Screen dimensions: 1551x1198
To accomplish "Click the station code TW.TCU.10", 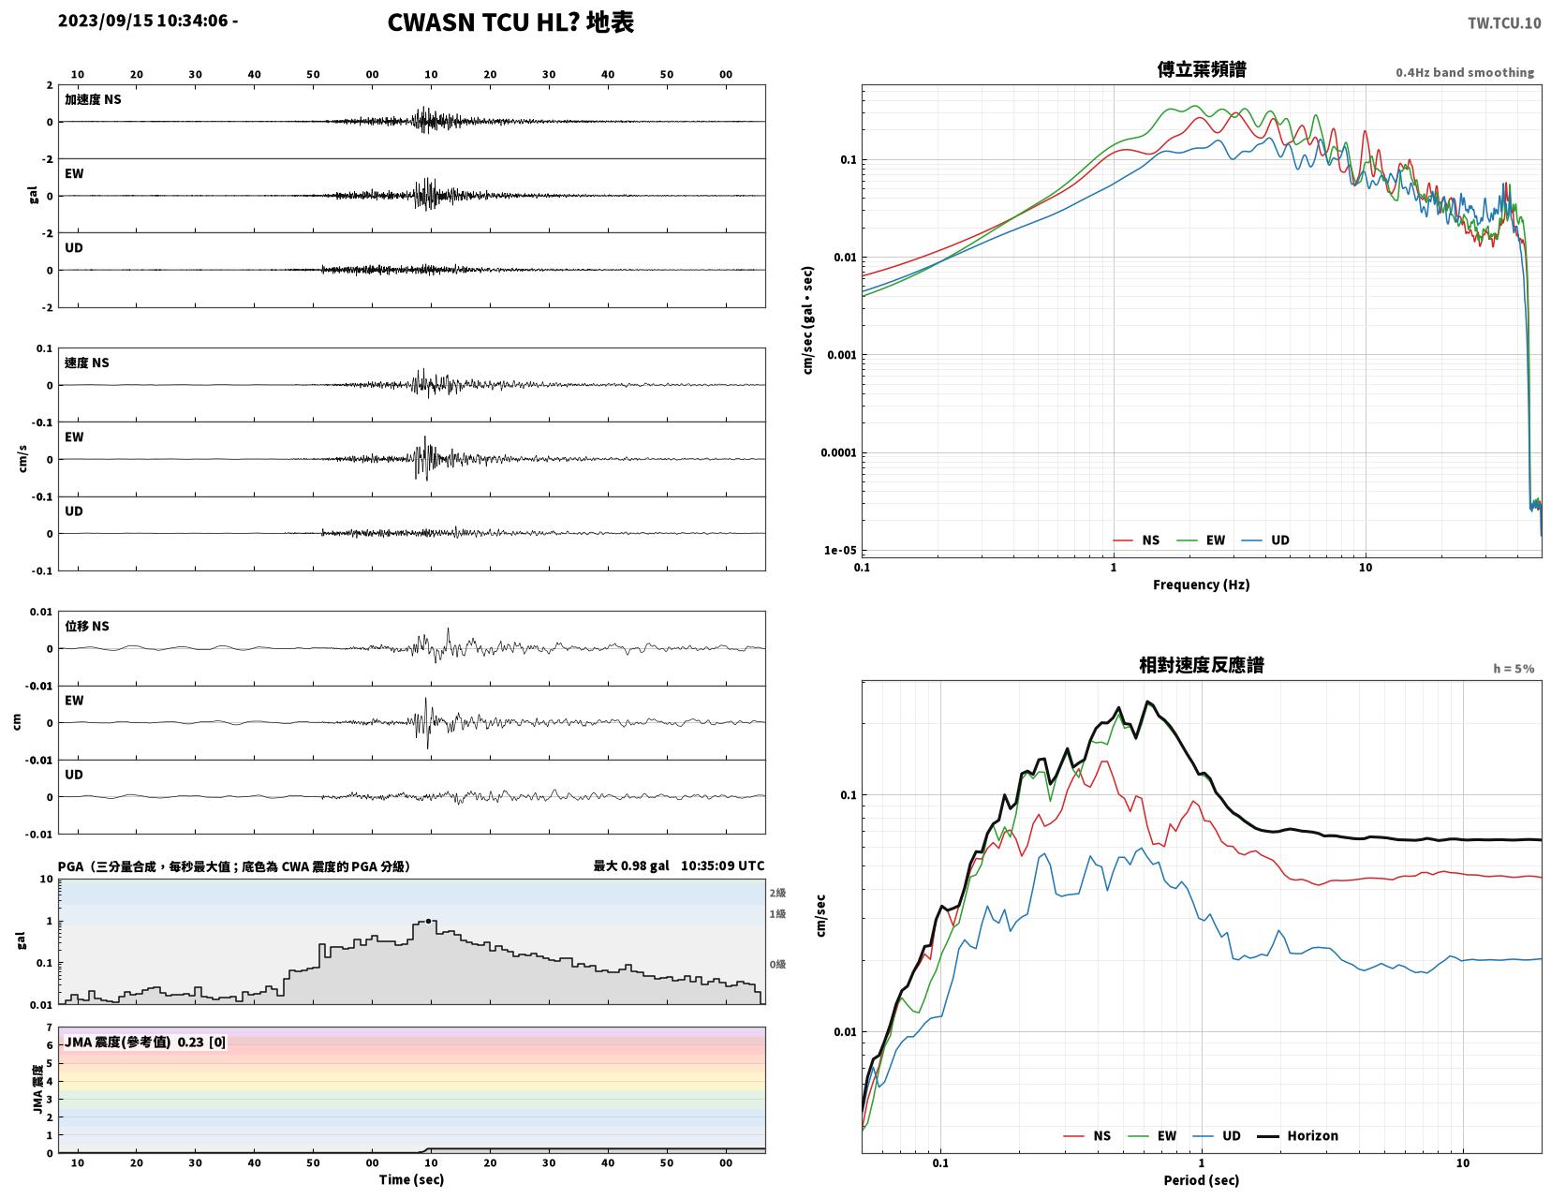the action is click(x=1504, y=22).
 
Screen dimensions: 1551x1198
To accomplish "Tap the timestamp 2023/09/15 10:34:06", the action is click(x=142, y=21).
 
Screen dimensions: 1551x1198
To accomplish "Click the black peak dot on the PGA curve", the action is click(x=428, y=921).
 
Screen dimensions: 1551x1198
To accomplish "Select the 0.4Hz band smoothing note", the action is click(x=1465, y=72).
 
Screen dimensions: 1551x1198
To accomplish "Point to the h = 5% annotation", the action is click(x=1514, y=669).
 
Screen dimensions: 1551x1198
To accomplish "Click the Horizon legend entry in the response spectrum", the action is click(x=1297, y=1136).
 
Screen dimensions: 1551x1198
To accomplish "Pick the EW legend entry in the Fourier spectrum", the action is click(x=1201, y=540).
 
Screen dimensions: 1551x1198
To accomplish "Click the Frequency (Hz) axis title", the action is click(x=1202, y=584).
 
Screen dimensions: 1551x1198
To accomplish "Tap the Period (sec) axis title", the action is click(x=1202, y=1180).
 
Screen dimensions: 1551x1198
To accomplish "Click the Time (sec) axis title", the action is click(x=411, y=1179).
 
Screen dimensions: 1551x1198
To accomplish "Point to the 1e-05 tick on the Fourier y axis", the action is click(x=839, y=550).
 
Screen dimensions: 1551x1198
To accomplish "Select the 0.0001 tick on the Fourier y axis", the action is click(x=838, y=452).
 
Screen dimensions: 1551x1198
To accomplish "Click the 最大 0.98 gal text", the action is click(x=631, y=865).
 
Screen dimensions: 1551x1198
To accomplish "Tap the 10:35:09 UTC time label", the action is click(x=722, y=865).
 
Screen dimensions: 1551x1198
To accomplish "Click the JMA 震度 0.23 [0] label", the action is click(x=145, y=1042).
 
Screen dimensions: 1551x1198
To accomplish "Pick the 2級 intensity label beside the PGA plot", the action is click(x=777, y=893).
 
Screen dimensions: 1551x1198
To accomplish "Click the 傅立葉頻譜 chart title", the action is click(x=1202, y=69).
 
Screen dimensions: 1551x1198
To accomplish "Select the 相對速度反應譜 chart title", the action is click(x=1202, y=665).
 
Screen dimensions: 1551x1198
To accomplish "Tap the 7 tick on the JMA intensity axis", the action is click(x=50, y=1028).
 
